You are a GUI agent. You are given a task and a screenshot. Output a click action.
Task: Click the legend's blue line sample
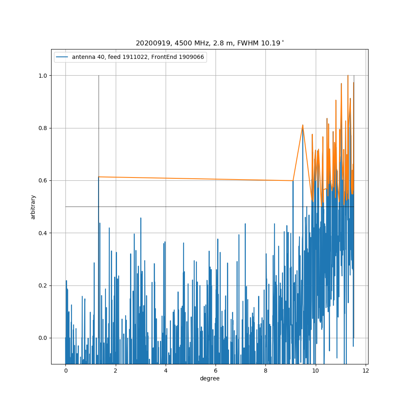coord(63,57)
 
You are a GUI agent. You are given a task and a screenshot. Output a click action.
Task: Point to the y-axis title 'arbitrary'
coord(33,207)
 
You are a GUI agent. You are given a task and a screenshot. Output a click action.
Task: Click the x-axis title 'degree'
coord(209,379)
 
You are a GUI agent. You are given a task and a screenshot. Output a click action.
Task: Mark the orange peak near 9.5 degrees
coord(303,125)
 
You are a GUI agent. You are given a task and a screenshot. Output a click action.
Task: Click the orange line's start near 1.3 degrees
coord(99,177)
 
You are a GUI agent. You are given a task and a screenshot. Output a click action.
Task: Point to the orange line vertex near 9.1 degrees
coord(293,180)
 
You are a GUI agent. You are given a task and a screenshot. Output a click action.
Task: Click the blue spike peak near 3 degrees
coord(141,218)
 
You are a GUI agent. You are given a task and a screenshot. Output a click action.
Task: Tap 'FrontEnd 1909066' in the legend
coord(180,57)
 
